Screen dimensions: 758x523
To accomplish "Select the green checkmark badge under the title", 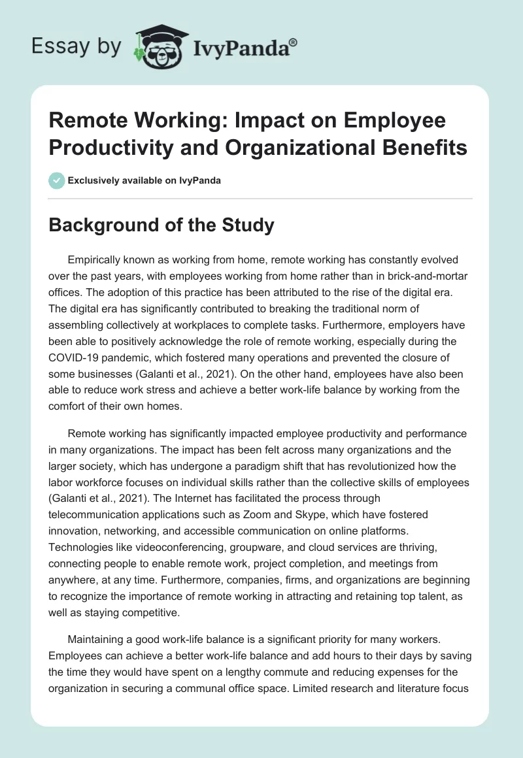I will pos(56,180).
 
